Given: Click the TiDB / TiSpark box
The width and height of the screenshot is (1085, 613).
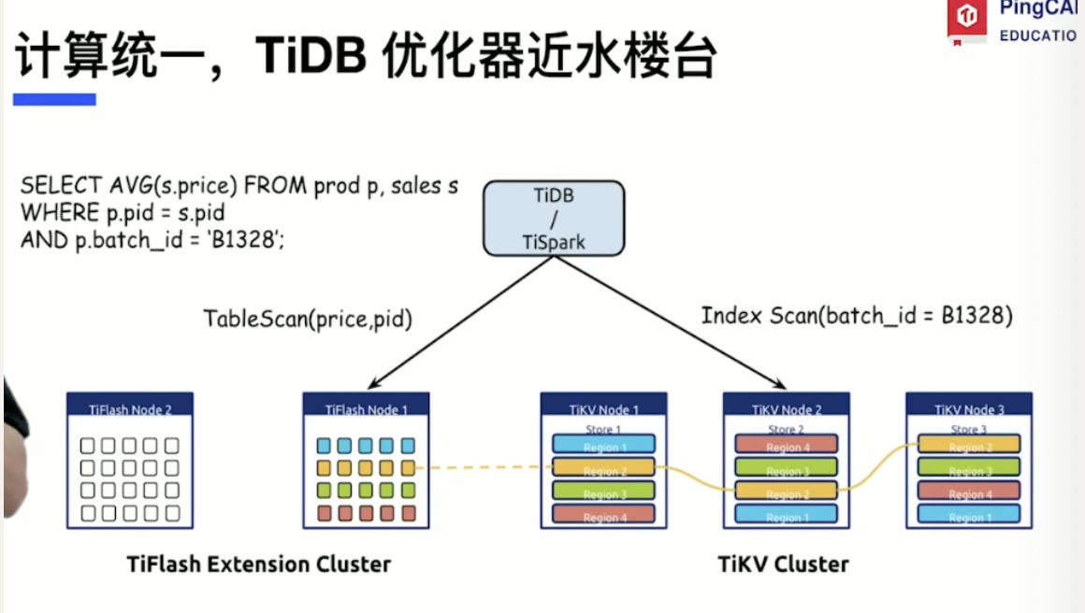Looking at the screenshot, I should pyautogui.click(x=554, y=220).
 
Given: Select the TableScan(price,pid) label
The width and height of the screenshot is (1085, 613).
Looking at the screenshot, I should pyautogui.click(x=309, y=319).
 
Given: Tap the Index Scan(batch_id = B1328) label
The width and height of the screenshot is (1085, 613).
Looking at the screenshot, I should pyautogui.click(x=857, y=316).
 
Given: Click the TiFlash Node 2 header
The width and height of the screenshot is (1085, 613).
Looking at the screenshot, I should pyautogui.click(x=130, y=408).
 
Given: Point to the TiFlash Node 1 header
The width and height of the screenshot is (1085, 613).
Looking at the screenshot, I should pyautogui.click(x=367, y=408).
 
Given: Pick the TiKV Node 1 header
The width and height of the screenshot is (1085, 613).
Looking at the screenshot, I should pyautogui.click(x=603, y=408).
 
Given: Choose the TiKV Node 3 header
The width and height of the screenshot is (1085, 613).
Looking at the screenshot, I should pyautogui.click(x=969, y=408).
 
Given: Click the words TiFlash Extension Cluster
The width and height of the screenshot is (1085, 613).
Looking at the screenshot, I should pyautogui.click(x=259, y=564).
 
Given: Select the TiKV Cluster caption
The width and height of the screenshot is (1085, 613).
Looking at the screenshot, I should pyautogui.click(x=784, y=564).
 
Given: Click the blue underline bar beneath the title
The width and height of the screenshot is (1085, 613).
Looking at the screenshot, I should pyautogui.click(x=54, y=99).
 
